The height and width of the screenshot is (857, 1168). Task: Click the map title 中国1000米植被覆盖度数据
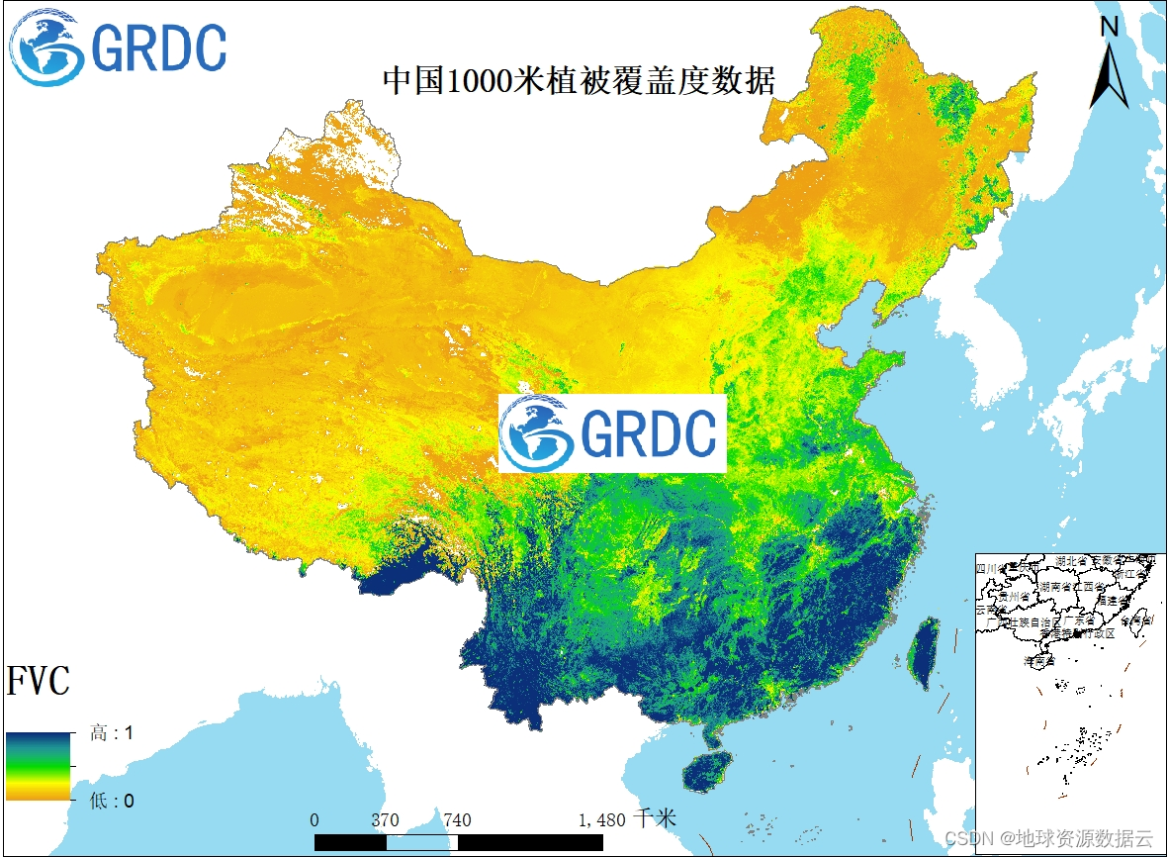pos(579,81)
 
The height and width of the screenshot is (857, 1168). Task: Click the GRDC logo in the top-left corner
pos(119,47)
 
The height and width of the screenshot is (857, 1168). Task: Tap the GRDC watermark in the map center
pos(612,433)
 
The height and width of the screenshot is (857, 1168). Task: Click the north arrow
pos(1110,62)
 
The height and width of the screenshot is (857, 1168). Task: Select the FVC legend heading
pos(39,682)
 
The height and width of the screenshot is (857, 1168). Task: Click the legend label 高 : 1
pos(112,733)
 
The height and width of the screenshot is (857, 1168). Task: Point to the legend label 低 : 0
pos(112,800)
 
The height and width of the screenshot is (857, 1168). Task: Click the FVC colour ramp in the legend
pos(39,766)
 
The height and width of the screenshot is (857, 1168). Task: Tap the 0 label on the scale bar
pos(314,820)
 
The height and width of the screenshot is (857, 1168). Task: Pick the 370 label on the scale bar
pos(386,820)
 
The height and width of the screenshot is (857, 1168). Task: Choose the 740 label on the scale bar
pos(457,820)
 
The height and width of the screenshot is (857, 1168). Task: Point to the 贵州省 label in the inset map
pos(1015,598)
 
